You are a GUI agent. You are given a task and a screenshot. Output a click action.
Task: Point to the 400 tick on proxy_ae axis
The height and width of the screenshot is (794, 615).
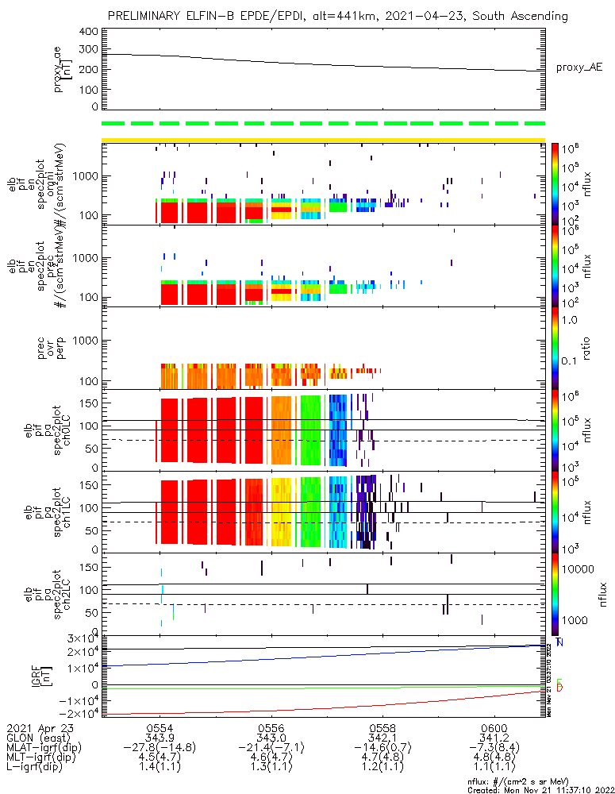click(x=88, y=32)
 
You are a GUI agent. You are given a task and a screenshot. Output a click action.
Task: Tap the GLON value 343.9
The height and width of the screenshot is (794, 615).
click(x=160, y=738)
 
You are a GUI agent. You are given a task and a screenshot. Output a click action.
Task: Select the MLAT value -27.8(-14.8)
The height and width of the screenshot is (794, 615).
click(x=160, y=748)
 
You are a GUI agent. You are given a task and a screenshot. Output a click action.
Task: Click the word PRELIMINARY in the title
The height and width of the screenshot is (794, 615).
click(x=147, y=17)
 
